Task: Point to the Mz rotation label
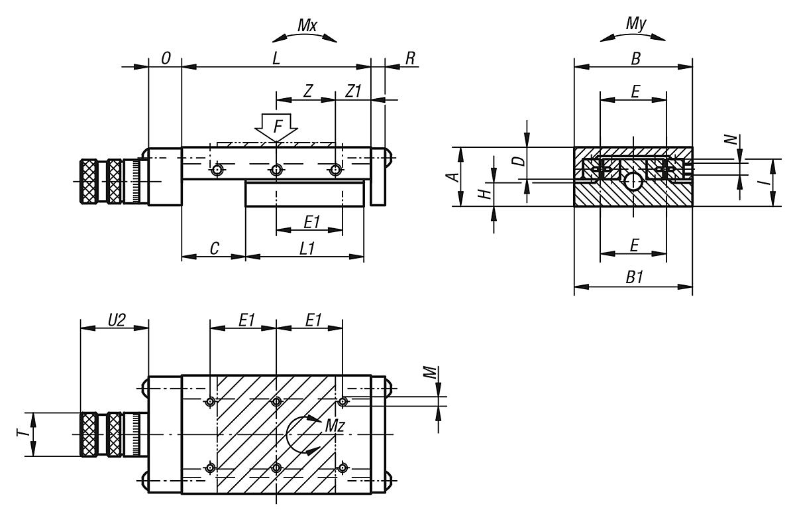[334, 426]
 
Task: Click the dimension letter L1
[306, 248]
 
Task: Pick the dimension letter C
[215, 248]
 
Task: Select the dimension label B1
[634, 278]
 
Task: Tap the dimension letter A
[451, 176]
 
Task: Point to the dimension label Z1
[353, 92]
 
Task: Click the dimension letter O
[166, 58]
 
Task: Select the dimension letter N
[729, 140]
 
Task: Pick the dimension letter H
[485, 193]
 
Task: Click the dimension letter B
[635, 58]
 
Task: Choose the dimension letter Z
[307, 92]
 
